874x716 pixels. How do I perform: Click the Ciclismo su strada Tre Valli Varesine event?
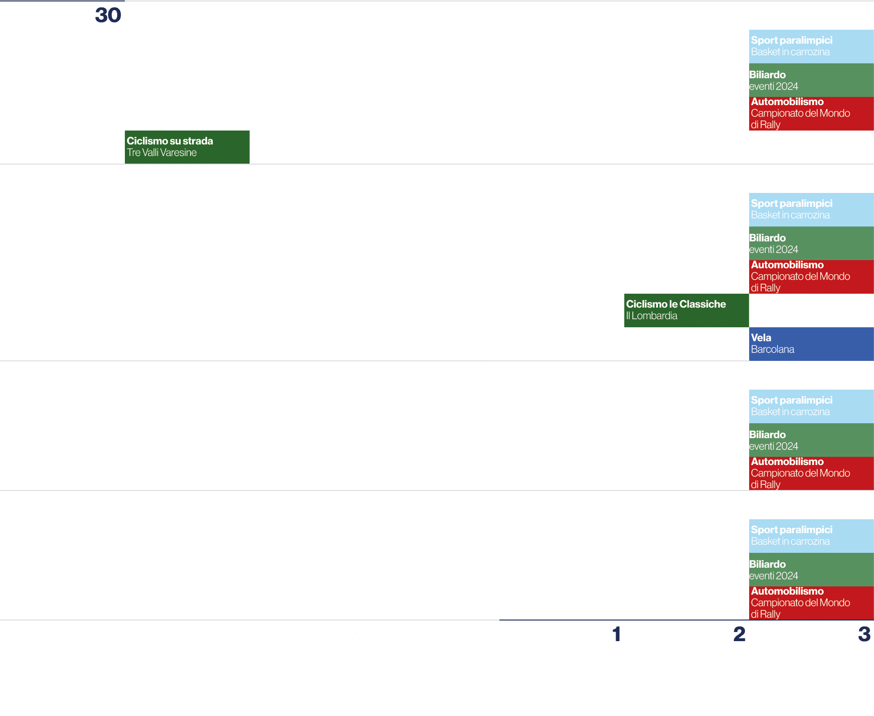[x=187, y=147]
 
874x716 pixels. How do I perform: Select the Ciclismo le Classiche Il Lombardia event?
[x=686, y=310]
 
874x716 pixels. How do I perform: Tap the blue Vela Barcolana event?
[x=811, y=344]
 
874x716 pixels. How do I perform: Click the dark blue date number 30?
[x=108, y=15]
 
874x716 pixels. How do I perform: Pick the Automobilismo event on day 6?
[x=811, y=113]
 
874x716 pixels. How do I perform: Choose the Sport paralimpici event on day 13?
[x=811, y=209]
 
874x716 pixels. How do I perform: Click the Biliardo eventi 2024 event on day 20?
[x=811, y=440]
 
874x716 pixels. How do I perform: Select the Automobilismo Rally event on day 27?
[x=811, y=603]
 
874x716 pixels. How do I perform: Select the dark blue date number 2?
[x=739, y=634]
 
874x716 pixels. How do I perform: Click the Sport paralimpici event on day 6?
[x=811, y=46]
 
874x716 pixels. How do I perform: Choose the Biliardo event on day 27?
[x=811, y=570]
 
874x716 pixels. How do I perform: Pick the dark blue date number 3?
[x=864, y=634]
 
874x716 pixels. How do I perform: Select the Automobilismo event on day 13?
[x=811, y=276]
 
